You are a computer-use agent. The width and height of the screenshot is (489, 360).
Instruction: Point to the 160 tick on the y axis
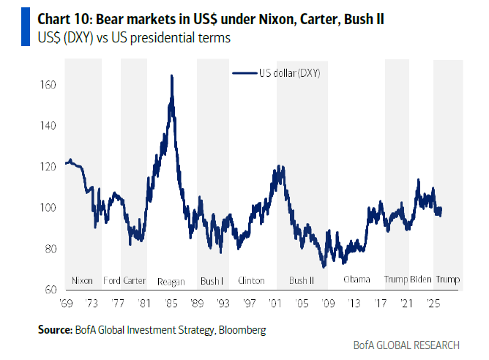click(49, 85)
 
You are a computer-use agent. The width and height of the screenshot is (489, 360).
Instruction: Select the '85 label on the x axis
click(171, 303)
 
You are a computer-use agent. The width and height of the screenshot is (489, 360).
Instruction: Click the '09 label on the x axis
click(326, 303)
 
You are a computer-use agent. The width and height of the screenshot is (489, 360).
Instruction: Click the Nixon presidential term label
click(83, 280)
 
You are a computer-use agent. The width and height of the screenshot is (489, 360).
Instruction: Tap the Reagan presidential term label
click(171, 281)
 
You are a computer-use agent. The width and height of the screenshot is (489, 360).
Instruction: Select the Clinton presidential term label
click(251, 280)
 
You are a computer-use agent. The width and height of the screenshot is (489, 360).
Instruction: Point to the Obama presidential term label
click(357, 280)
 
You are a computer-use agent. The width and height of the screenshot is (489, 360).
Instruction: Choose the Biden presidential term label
click(420, 280)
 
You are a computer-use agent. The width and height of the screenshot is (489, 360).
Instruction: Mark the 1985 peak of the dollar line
click(171, 75)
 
